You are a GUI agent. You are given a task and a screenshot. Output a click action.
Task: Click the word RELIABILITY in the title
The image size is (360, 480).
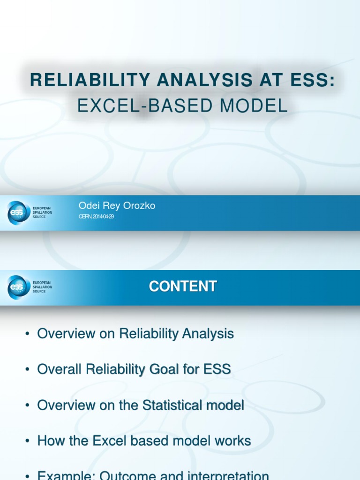coord(90,80)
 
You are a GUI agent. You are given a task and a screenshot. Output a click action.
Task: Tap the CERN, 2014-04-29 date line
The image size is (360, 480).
coord(97,217)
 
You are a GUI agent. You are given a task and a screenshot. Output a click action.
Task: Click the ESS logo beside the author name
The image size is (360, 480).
coord(19,212)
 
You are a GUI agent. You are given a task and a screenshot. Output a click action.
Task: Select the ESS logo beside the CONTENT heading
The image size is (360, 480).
coord(19,287)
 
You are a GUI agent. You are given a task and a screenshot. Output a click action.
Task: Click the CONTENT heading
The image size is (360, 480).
coord(183,286)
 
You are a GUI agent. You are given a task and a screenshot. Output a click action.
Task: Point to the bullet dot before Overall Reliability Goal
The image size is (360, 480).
coord(28,370)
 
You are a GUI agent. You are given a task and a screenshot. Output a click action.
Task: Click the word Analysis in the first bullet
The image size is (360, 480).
coord(208,334)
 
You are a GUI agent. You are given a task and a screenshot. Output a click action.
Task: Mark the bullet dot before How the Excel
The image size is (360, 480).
coord(28,441)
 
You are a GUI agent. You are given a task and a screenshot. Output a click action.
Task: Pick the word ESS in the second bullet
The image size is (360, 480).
coord(217,369)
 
